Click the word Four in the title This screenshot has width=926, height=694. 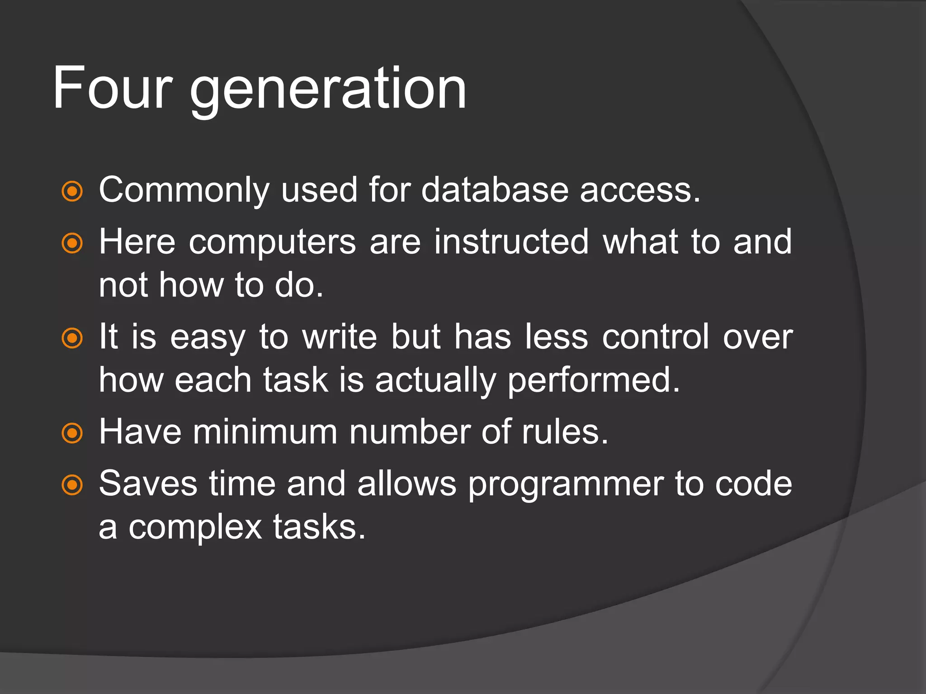pyautogui.click(x=112, y=88)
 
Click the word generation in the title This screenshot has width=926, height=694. pyautogui.click(x=328, y=90)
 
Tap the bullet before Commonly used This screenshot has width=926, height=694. pyautogui.click(x=72, y=191)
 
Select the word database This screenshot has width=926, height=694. pyautogui.click(x=494, y=190)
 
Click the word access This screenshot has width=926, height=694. pyautogui.click(x=639, y=191)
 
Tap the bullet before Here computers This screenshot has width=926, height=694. pyautogui.click(x=72, y=244)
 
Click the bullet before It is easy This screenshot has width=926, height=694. pyautogui.click(x=72, y=338)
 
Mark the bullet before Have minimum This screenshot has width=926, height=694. pyautogui.click(x=72, y=433)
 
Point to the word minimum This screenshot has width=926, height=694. pyautogui.click(x=265, y=432)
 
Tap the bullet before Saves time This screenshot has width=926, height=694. pyautogui.click(x=72, y=485)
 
